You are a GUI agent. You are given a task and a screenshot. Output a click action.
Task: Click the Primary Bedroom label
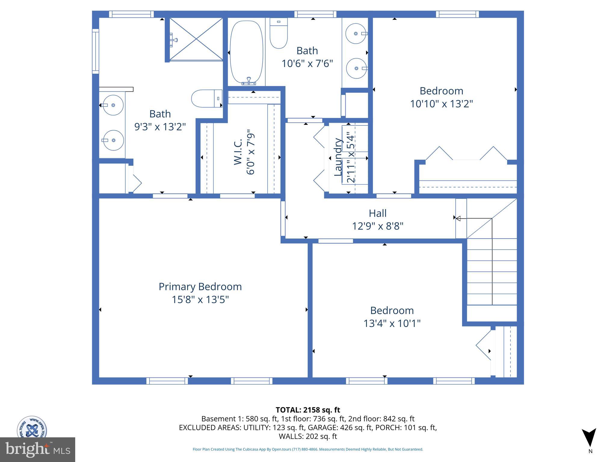[200, 287]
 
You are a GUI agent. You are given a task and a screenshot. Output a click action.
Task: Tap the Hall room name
[377, 213]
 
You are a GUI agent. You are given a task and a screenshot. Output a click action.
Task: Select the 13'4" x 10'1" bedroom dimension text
[392, 323]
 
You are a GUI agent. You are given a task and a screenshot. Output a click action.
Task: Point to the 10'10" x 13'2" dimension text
[441, 104]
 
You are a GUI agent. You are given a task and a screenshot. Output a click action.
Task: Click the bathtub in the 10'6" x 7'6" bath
[246, 52]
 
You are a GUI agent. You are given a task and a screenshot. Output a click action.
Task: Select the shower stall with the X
[196, 39]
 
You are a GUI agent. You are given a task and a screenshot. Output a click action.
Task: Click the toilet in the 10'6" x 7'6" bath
[279, 33]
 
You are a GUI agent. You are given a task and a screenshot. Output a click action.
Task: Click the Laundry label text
[338, 157]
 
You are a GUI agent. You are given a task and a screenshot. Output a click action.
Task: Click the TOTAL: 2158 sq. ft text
[308, 410]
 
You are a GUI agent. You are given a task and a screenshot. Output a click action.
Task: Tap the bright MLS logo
[37, 449]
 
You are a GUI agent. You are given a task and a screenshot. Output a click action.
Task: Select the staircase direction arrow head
[458, 219]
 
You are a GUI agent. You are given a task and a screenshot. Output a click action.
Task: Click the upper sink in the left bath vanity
[113, 105]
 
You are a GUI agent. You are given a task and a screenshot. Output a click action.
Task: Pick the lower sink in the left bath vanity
[113, 140]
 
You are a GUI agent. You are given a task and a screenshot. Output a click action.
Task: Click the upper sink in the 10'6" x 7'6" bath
[356, 34]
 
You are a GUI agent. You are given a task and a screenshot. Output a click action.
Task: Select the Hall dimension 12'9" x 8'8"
[377, 226]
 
